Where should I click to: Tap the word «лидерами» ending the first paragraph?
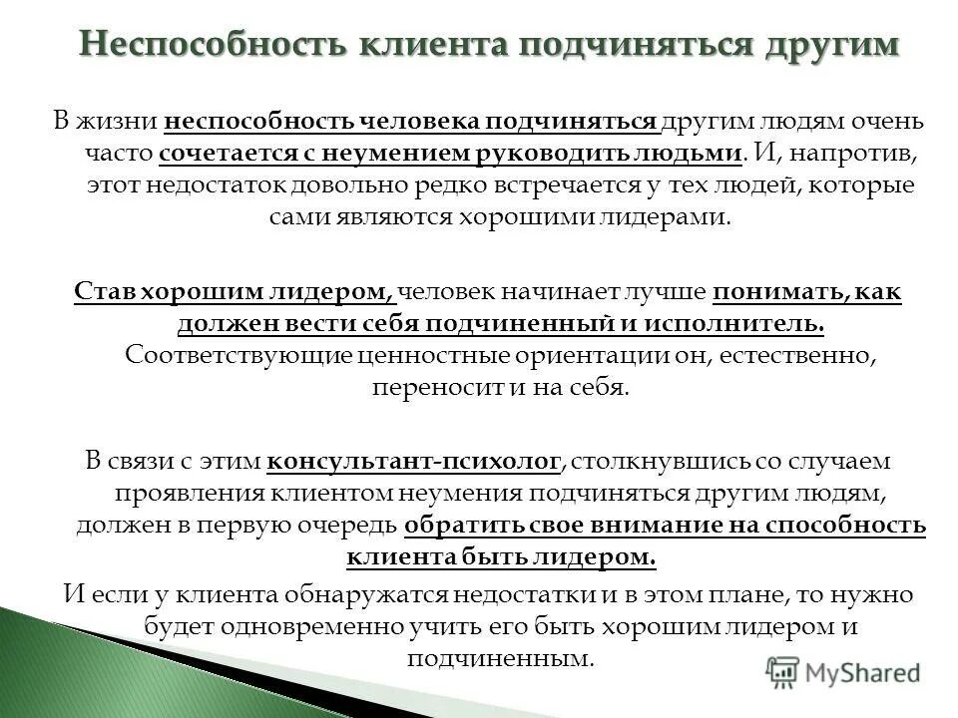(x=662, y=217)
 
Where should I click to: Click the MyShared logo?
(x=843, y=671)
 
